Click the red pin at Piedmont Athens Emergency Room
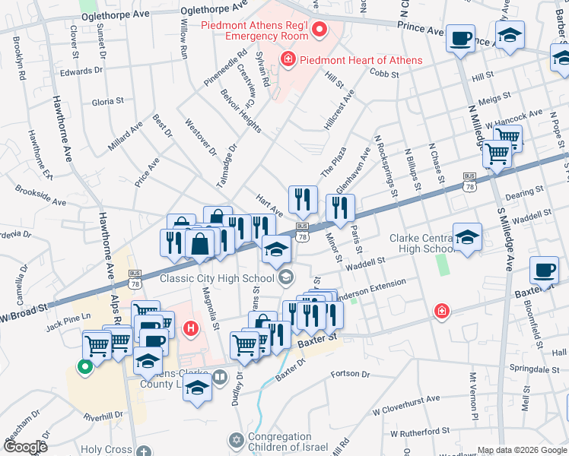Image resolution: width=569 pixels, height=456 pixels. click(319, 31)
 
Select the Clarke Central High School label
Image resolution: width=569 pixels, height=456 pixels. click(422, 243)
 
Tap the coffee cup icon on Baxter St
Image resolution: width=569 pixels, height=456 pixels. click(544, 271)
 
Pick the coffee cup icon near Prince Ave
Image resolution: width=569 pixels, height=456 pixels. click(460, 38)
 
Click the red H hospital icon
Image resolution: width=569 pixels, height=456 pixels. click(191, 328)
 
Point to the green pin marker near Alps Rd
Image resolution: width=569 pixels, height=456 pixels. click(85, 367)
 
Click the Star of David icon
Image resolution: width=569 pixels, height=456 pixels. click(236, 440)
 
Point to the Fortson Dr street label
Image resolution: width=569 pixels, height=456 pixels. click(350, 374)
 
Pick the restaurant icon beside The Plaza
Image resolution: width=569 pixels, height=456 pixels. click(303, 200)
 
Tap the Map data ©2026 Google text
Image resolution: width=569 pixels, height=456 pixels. click(521, 450)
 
